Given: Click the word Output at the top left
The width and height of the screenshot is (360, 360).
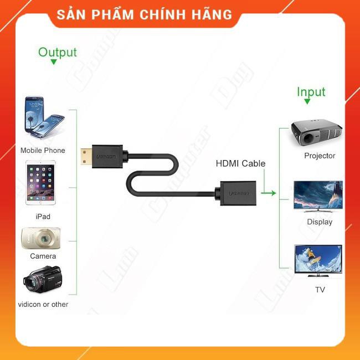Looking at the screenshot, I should tap(57, 53).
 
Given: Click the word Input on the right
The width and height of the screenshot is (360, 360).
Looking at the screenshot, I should tap(311, 92).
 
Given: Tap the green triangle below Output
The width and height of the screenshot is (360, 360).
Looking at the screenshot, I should tap(54, 63).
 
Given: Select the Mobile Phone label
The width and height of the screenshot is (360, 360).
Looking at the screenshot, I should tap(43, 150).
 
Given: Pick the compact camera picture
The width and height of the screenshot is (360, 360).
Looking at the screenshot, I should tap(38, 238).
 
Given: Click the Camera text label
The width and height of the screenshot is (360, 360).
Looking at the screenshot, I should tap(43, 256).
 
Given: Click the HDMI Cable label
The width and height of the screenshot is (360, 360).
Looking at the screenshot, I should tap(240, 163).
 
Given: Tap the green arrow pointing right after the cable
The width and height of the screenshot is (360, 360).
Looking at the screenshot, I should tap(269, 193).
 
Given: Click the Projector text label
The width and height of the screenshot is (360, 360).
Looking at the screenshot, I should tap(320, 156).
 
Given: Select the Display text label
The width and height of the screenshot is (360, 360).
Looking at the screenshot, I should tap(320, 222).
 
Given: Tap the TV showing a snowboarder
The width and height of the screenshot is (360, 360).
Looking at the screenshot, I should tap(318, 259).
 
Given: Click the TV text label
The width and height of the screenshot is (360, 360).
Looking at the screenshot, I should tap(320, 289).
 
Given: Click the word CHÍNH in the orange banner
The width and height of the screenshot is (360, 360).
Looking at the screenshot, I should tap(165, 15).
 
